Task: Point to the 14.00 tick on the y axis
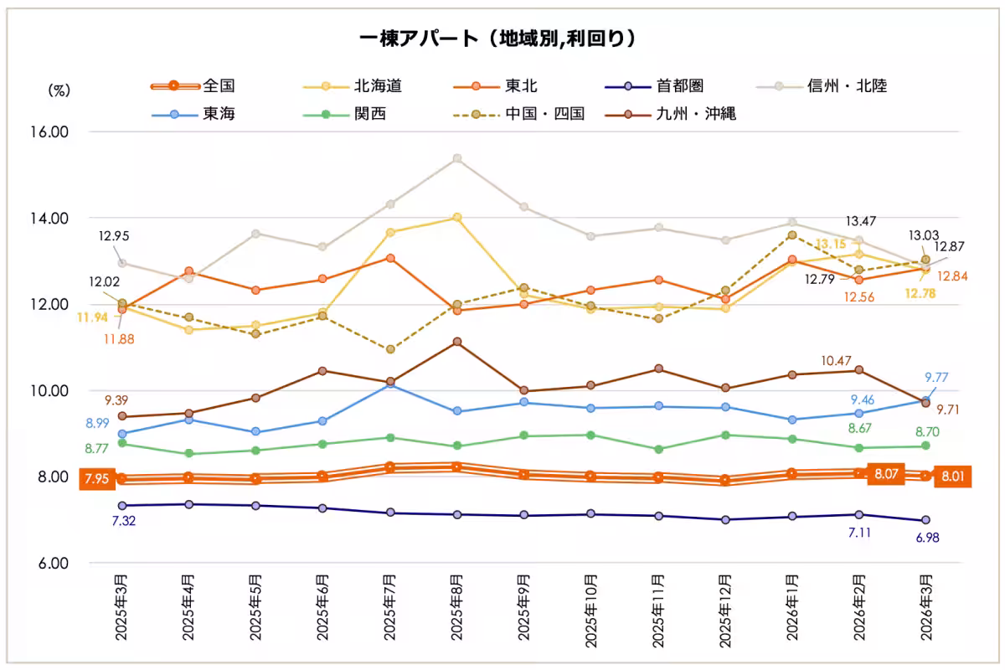[50, 219]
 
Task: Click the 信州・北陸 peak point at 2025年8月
[457, 158]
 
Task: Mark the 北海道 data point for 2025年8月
[457, 218]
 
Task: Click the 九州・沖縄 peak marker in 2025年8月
[457, 342]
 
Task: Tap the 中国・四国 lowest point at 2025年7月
[390, 349]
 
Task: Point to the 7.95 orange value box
[95, 480]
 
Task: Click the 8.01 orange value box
[952, 477]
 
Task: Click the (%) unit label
[59, 89]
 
